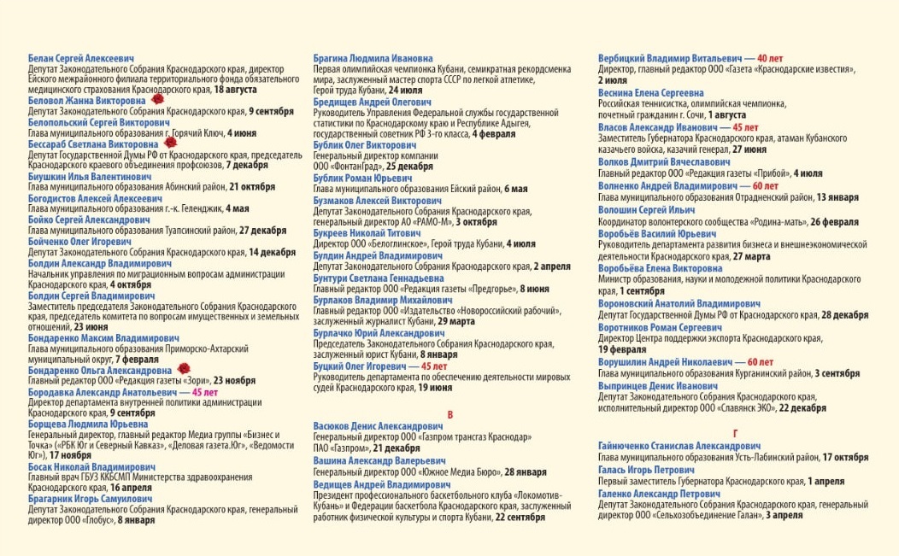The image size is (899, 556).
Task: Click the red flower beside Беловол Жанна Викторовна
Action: click(x=158, y=100)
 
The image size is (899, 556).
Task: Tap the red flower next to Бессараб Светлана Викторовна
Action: click(x=170, y=144)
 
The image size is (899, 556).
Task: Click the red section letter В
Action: click(x=450, y=415)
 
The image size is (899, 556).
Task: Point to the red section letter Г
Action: click(x=735, y=434)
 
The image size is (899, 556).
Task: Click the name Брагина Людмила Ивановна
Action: click(x=373, y=58)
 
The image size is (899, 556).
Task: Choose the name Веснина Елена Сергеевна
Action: click(x=651, y=92)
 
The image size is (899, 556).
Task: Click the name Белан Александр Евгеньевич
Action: click(x=81, y=58)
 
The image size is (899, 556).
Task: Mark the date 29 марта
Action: click(x=457, y=321)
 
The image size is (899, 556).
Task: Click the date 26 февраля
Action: click(x=835, y=222)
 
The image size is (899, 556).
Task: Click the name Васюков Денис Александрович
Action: click(x=378, y=426)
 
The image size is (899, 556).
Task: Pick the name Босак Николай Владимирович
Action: click(x=91, y=467)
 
